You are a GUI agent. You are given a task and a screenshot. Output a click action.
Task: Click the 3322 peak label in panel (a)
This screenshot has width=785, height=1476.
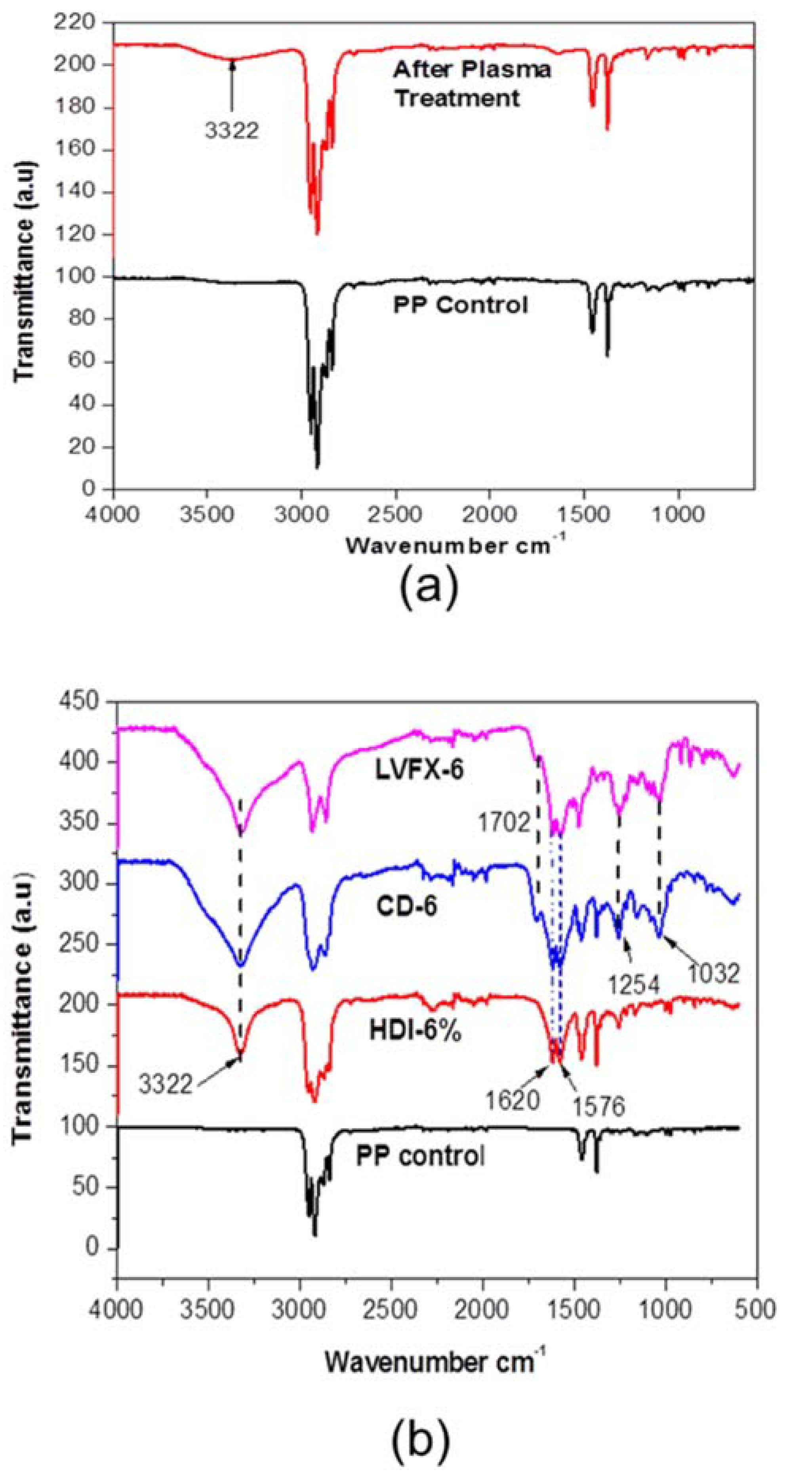(232, 131)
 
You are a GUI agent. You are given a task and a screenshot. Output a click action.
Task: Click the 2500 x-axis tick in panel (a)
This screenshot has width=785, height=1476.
(396, 514)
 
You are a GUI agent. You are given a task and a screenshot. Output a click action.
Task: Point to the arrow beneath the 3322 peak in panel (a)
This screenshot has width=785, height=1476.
(232, 86)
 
